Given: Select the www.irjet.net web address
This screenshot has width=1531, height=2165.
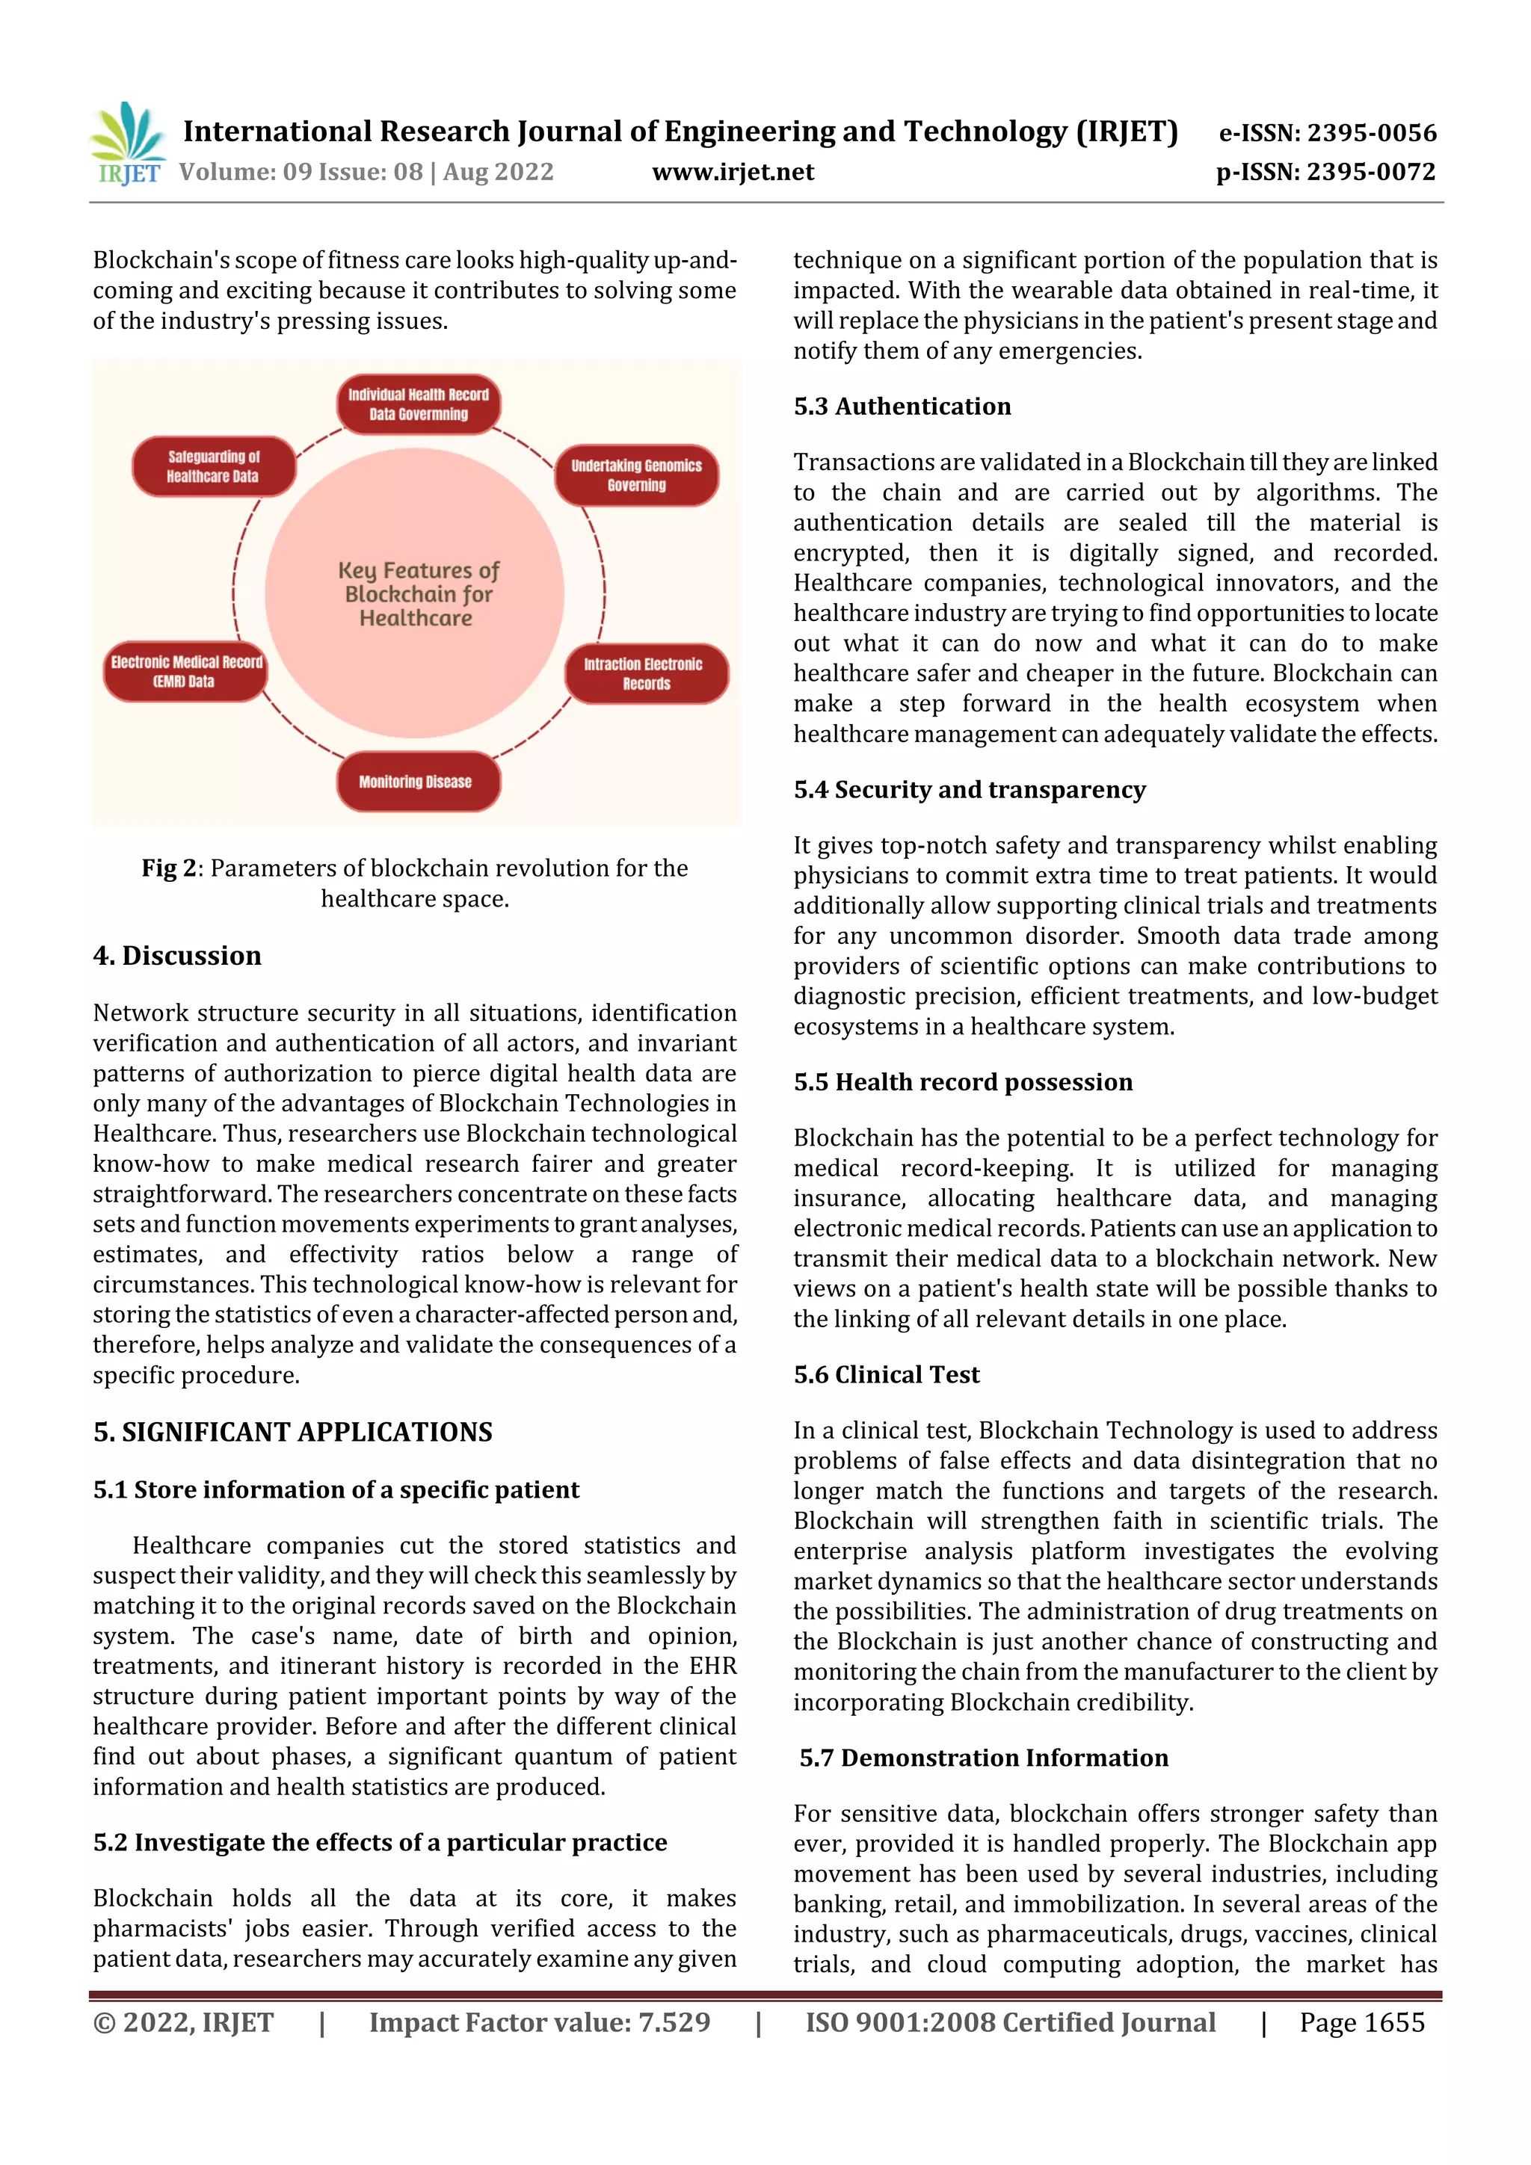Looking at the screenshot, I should [x=732, y=172].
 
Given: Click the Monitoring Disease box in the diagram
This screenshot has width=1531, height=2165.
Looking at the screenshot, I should [x=416, y=782].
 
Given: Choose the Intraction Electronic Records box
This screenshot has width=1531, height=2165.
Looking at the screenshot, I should [x=645, y=674].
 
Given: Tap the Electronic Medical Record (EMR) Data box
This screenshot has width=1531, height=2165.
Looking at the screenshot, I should [x=186, y=671].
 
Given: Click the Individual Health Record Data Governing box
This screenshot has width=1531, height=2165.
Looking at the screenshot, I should [x=418, y=404].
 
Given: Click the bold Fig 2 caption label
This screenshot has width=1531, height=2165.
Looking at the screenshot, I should [x=170, y=868].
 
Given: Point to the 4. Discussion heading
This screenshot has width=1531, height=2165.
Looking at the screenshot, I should [x=177, y=956].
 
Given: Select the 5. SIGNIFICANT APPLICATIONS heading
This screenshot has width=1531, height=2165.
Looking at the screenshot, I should [x=292, y=1433].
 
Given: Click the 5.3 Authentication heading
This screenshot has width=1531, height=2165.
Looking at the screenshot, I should [x=902, y=407].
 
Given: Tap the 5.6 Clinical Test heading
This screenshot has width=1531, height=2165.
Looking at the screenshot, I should [x=886, y=1375].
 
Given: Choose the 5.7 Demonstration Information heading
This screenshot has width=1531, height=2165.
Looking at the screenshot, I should [x=983, y=1758].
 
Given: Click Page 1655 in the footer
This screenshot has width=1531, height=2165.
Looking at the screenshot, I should [x=1361, y=2022].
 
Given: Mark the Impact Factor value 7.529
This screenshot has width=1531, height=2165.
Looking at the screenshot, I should [x=539, y=2022].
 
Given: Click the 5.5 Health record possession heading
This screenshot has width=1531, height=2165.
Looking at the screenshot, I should [x=962, y=1082].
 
